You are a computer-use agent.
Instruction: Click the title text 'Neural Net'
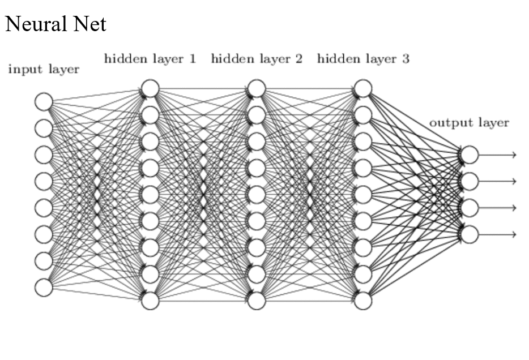(55, 24)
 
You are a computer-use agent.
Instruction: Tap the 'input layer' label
(43, 70)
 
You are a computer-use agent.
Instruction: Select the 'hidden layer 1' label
(150, 58)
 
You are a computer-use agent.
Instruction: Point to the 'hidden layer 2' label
(257, 58)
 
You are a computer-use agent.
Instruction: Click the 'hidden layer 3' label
(363, 58)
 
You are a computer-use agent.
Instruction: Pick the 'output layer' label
(469, 122)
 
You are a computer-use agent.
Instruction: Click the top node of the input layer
(44, 102)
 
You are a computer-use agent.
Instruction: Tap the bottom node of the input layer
(44, 288)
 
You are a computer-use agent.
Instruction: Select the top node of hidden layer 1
(150, 88)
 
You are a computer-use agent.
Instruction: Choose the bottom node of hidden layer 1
(150, 301)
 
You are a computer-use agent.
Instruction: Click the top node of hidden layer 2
(257, 88)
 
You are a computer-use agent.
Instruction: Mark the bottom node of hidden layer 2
(257, 301)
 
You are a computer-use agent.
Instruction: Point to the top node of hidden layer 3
(363, 88)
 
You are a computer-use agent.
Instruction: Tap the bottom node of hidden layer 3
(363, 301)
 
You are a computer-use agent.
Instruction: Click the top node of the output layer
(470, 155)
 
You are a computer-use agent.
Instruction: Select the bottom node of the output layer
(470, 234)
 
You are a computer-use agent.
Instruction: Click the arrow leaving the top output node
(498, 155)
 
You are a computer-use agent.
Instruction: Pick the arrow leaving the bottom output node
(498, 234)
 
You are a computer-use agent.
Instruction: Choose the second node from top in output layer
(470, 181)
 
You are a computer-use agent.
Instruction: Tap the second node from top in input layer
(44, 128)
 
